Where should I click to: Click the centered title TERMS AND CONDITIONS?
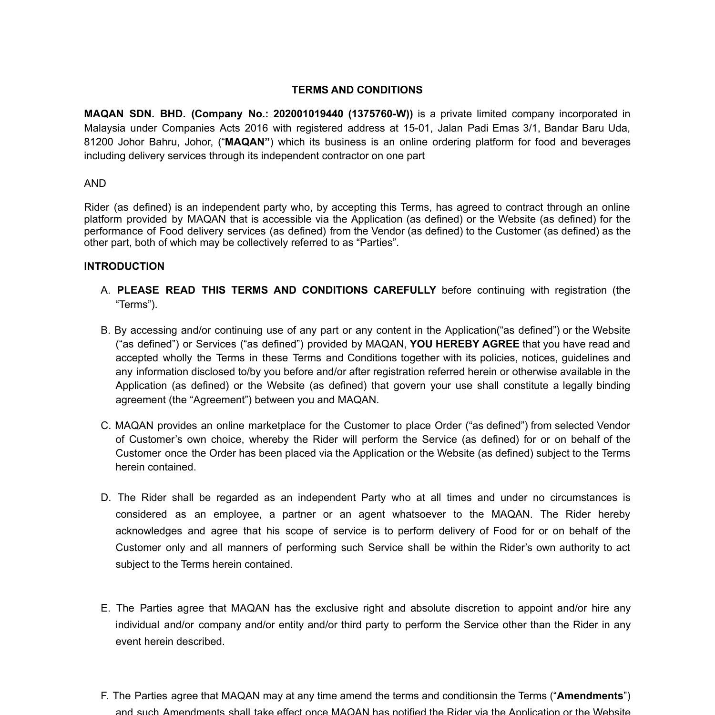[357, 90]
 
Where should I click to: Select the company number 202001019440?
[308, 114]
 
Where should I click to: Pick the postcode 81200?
[99, 142]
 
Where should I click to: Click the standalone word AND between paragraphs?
[95, 184]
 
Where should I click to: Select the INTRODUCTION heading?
[124, 266]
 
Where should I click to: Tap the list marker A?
[105, 290]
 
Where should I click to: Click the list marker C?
[105, 426]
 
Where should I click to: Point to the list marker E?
[105, 608]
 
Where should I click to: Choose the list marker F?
[104, 696]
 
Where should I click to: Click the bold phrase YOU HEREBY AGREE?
[464, 344]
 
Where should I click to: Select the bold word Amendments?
[590, 696]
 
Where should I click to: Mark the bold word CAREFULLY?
[405, 290]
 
